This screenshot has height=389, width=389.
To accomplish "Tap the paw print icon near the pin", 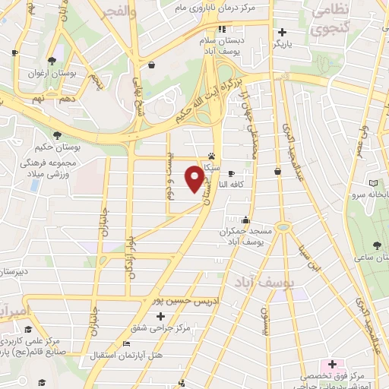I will (210, 153).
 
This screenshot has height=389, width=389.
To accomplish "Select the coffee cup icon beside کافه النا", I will (231, 173).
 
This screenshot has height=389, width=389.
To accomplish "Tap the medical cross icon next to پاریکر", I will (282, 33).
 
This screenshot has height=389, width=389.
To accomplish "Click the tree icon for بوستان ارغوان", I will (51, 62).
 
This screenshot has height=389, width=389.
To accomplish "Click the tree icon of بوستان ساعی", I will (378, 244).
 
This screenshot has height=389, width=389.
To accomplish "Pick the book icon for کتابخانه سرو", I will (374, 183).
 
